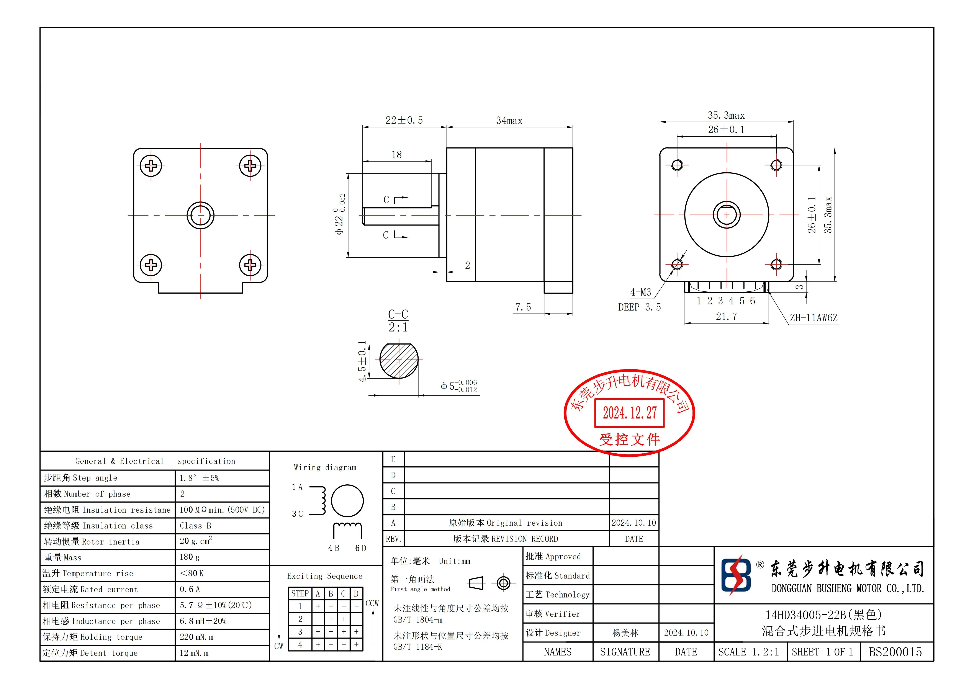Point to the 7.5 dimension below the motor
click(x=523, y=307)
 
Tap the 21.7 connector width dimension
click(x=726, y=316)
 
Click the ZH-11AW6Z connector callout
click(x=814, y=318)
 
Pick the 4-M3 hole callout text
click(x=641, y=292)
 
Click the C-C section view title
click(x=398, y=314)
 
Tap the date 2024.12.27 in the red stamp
click(x=630, y=413)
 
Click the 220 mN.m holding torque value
click(x=196, y=637)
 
